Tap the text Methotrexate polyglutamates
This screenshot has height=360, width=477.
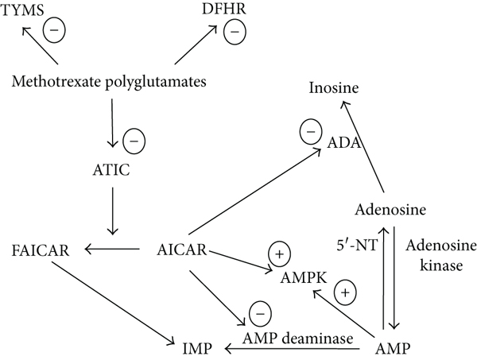pos(103,79)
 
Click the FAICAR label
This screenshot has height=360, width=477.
pos(40,250)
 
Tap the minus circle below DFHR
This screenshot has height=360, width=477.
pos(235,33)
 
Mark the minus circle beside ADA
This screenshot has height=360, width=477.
pos(309,130)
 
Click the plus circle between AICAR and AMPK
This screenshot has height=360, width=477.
pos(281,254)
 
